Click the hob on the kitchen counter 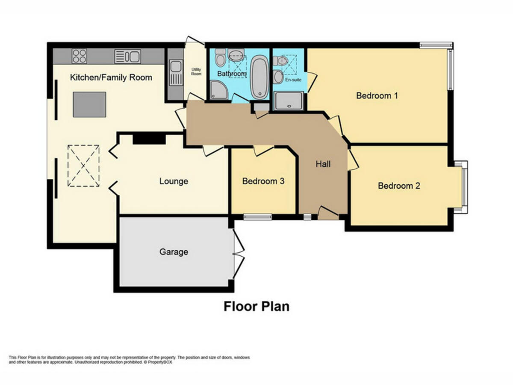tap(80, 56)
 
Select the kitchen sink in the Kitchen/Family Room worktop tap(127, 56)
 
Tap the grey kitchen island tap(89, 104)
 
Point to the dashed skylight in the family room tap(83, 166)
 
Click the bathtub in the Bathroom tap(258, 77)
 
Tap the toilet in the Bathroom tap(220, 57)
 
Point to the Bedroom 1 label tap(377, 95)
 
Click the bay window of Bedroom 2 tap(463, 187)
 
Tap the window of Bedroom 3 tap(257, 217)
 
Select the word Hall tap(323, 164)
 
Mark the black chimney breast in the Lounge tap(149, 139)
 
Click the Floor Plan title tap(256, 306)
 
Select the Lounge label tap(174, 181)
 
